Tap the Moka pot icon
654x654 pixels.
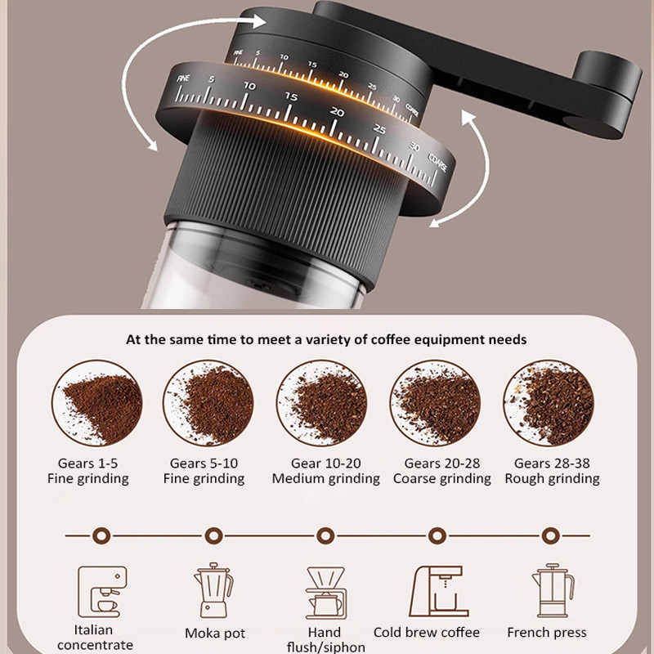pyautogui.click(x=213, y=589)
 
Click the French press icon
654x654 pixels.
pyautogui.click(x=547, y=591)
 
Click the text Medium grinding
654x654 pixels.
pyautogui.click(x=325, y=479)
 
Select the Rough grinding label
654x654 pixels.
pyautogui.click(x=552, y=479)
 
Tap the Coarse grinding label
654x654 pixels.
pyautogui.click(x=441, y=479)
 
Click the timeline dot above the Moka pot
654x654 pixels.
pyautogui.click(x=213, y=535)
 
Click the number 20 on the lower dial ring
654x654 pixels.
pyautogui.click(x=336, y=112)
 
